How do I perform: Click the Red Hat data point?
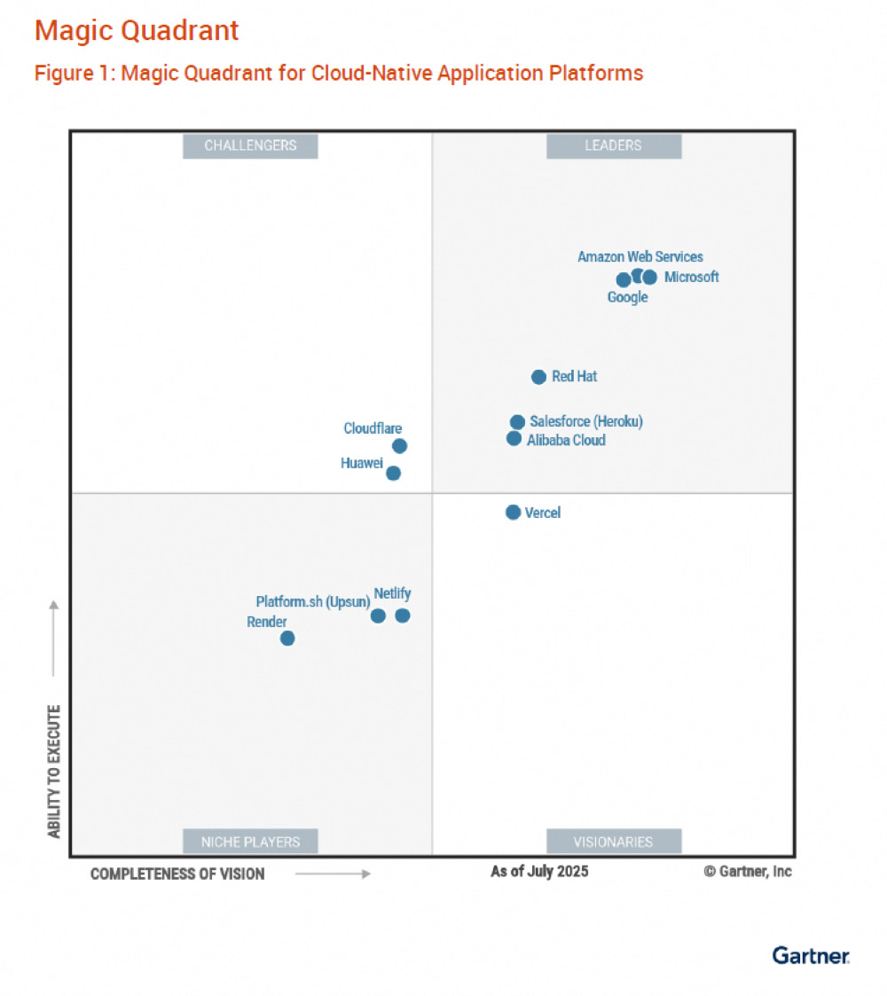coord(538,377)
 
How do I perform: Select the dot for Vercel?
coord(513,512)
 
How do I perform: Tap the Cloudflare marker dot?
coord(399,446)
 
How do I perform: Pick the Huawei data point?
coord(393,473)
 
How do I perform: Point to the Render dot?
coord(287,638)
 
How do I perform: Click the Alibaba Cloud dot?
coord(514,438)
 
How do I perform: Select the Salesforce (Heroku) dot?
coord(517,421)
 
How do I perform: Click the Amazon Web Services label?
coord(640,256)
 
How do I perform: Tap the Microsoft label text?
coord(691,277)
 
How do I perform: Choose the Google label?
coord(627,297)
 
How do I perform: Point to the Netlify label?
coord(392,593)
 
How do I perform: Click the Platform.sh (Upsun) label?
coord(312,601)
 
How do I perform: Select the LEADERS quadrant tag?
coord(613,145)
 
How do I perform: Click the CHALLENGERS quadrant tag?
coord(250,145)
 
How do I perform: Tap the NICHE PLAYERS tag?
coord(250,842)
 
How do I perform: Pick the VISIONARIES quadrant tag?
coord(613,842)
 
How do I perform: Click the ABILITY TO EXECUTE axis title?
coord(55,771)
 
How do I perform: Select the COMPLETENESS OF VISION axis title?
coord(177,874)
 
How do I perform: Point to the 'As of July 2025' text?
coord(539,871)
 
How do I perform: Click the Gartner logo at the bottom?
coord(810,955)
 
